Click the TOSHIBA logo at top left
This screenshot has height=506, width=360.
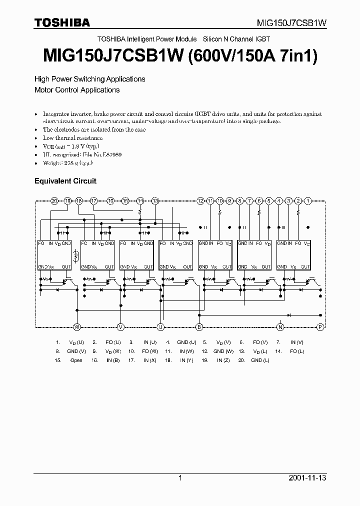pyautogui.click(x=62, y=22)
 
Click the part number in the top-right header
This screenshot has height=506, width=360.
pyautogui.click(x=292, y=23)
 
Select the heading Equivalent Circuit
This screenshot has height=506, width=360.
pyautogui.click(x=65, y=181)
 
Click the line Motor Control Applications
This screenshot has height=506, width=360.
pyautogui.click(x=77, y=90)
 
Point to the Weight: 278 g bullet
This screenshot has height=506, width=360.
pyautogui.click(x=68, y=163)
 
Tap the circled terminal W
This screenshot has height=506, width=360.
pyautogui.click(x=77, y=327)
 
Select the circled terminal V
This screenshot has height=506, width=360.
pyautogui.click(x=120, y=327)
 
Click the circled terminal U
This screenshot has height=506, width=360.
pyautogui.click(x=160, y=327)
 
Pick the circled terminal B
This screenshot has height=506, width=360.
pyautogui.click(x=199, y=327)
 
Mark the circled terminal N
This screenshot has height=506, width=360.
pyautogui.click(x=280, y=327)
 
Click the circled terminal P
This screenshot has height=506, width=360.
pyautogui.click(x=320, y=327)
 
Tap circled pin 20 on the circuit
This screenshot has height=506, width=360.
pyautogui.click(x=54, y=200)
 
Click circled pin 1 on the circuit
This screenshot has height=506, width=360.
pyautogui.click(x=308, y=200)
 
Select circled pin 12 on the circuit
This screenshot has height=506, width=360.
pyautogui.click(x=200, y=200)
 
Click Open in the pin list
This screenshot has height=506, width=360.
pyautogui.click(x=76, y=360)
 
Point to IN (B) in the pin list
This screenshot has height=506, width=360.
pyautogui.click(x=113, y=360)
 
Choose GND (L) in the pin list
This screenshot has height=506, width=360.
pyautogui.click(x=260, y=360)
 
